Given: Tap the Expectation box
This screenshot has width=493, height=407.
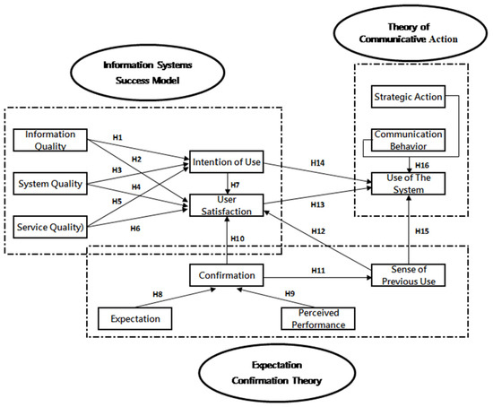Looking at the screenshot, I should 136,317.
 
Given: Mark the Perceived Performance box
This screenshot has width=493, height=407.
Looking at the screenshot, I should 317,317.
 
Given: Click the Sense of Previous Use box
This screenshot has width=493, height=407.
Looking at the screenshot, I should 410,275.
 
